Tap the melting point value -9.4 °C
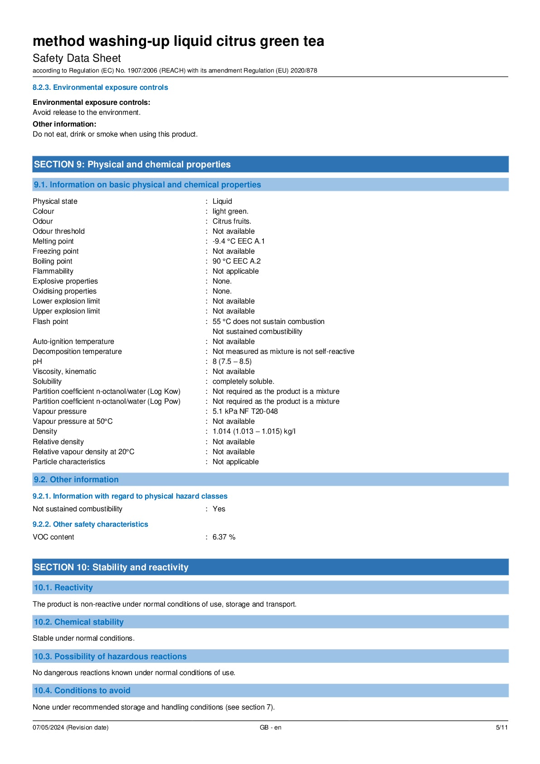238,241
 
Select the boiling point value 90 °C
236,261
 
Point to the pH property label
37,362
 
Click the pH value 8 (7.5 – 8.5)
232,362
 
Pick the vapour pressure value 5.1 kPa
245,411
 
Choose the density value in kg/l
253,431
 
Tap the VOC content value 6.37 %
224,537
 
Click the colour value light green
230,211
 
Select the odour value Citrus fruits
232,221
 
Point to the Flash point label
50,322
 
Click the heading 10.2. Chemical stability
79,622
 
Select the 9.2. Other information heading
76,480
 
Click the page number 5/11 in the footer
501,727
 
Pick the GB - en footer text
270,727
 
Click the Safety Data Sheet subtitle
77,58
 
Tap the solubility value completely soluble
243,382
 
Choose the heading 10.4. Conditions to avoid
82,691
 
